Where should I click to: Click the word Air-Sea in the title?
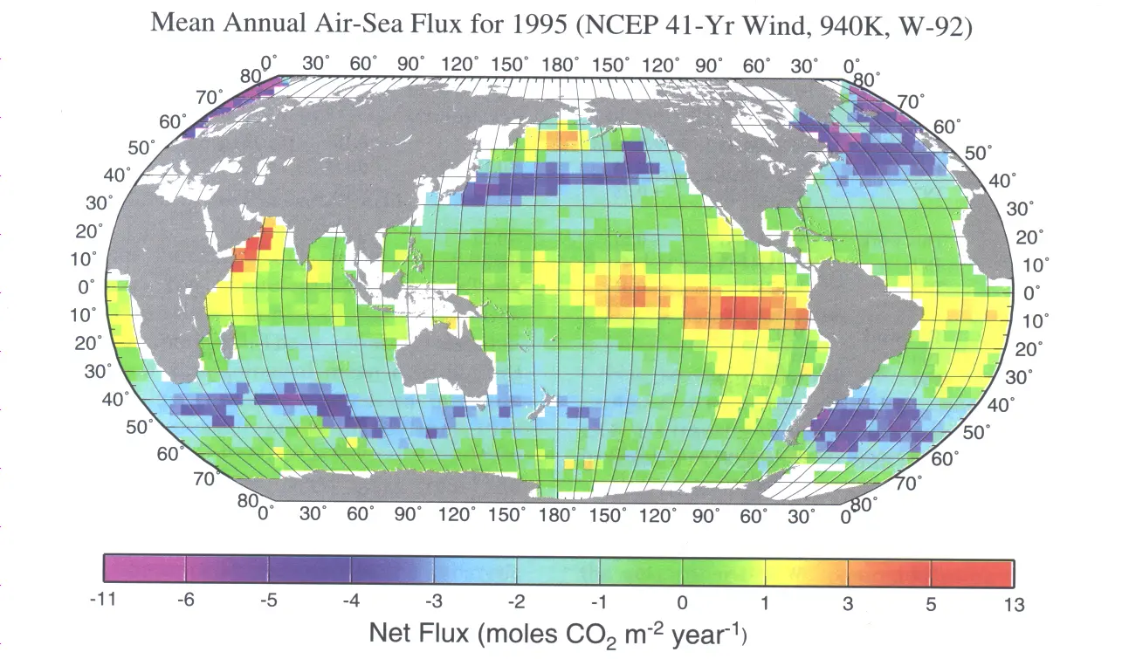pos(345,24)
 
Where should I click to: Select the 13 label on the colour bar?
pos(1012,604)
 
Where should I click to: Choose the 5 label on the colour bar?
pos(931,604)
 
